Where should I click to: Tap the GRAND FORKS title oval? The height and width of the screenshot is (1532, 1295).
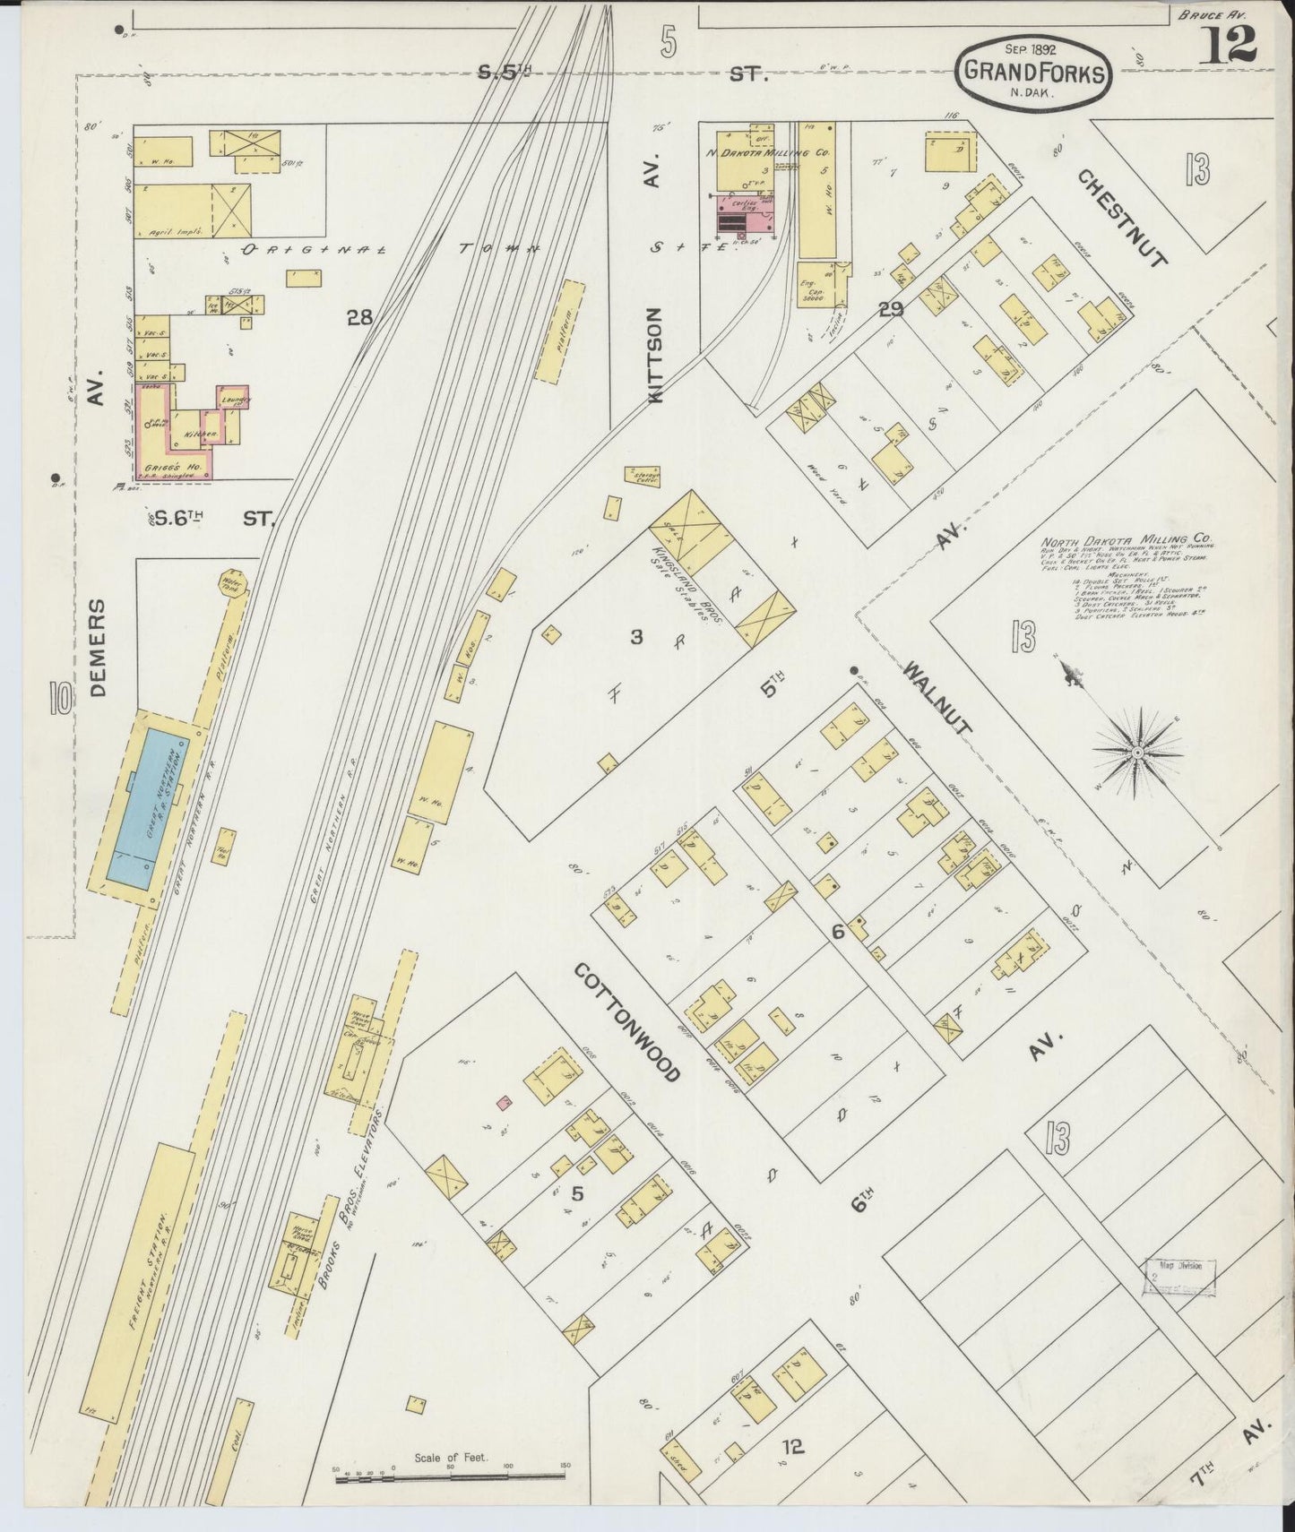[1032, 74]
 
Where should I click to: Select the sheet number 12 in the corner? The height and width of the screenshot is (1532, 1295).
[1227, 42]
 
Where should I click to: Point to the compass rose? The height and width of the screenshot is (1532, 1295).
[1136, 752]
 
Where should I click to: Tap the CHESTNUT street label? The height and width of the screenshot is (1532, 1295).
[1123, 219]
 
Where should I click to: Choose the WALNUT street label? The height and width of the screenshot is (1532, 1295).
[937, 698]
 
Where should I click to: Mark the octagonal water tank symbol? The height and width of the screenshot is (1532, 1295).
[232, 585]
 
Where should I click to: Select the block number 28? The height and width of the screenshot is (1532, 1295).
[359, 317]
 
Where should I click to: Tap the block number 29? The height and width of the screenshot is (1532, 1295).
[891, 310]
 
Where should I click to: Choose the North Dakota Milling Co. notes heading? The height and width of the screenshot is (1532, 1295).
[1125, 541]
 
